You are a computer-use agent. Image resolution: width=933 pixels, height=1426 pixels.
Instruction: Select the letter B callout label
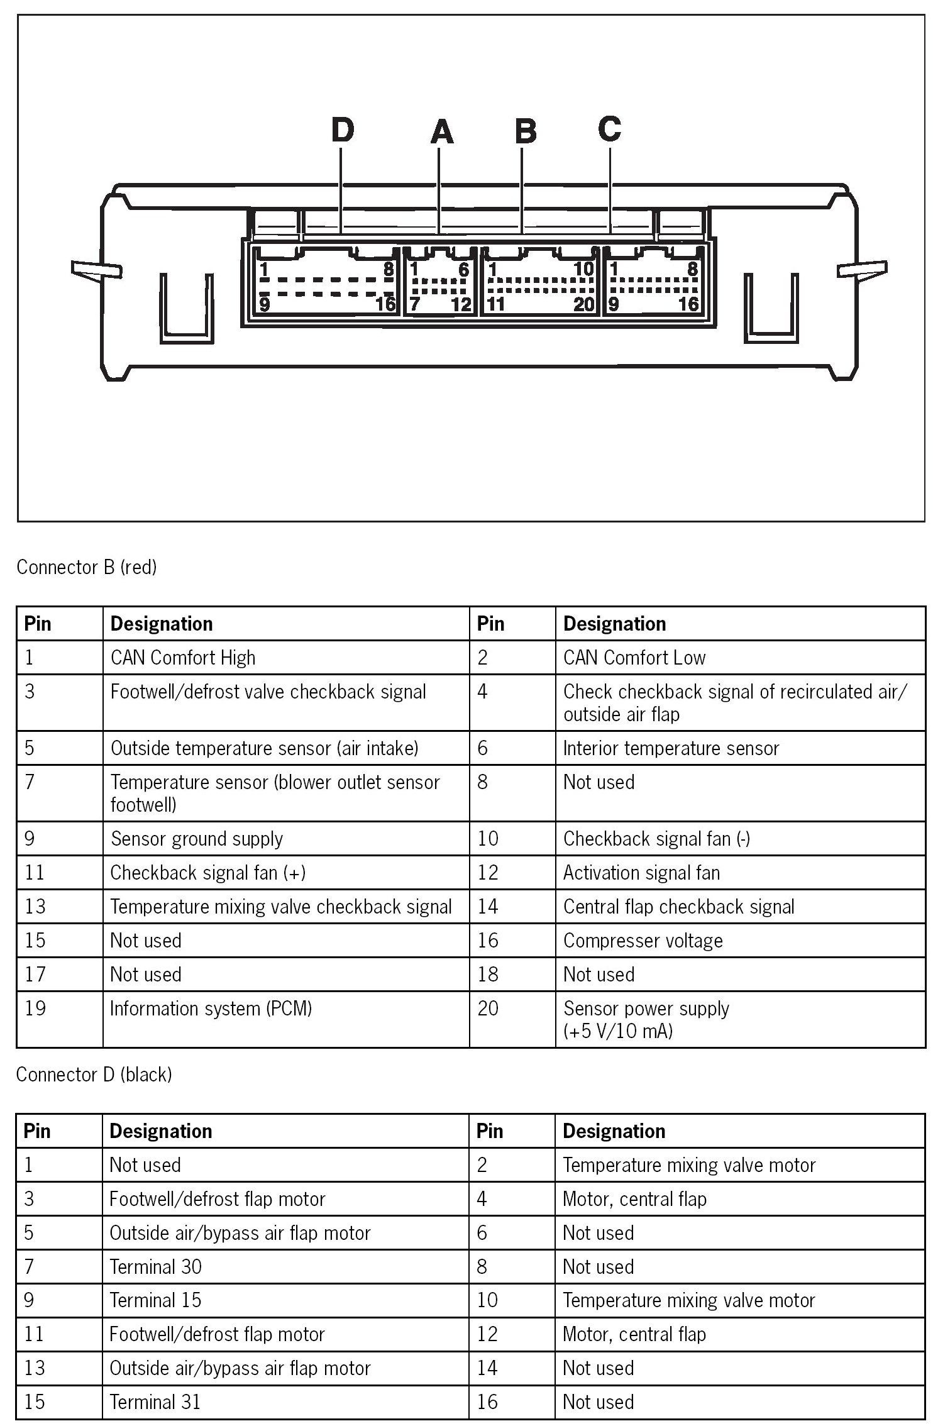(526, 131)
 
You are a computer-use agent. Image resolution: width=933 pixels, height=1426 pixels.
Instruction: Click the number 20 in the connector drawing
(584, 304)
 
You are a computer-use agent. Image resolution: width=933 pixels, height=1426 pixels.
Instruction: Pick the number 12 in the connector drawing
(461, 304)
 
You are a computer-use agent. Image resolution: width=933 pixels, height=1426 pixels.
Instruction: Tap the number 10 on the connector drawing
(583, 269)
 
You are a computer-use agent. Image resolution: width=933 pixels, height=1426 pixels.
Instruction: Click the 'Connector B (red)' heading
(87, 567)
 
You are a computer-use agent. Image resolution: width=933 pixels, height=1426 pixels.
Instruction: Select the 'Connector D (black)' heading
(94, 1075)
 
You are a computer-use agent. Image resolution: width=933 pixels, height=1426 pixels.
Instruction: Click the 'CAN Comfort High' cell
(183, 658)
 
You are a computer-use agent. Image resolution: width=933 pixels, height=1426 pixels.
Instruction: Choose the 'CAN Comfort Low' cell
(634, 658)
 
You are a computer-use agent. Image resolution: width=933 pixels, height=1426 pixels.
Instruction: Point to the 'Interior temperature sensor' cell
(671, 748)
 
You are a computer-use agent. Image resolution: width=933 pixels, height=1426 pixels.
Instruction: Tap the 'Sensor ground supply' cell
(197, 839)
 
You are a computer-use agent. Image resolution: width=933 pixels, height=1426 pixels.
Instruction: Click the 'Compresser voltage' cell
(643, 941)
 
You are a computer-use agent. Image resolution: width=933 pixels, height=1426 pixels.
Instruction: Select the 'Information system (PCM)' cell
(211, 1009)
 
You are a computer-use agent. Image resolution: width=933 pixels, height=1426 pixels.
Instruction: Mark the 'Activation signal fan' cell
(641, 873)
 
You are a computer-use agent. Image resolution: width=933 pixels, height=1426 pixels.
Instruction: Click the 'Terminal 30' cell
(155, 1266)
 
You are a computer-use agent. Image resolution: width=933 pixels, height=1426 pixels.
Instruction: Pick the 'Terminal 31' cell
(155, 1402)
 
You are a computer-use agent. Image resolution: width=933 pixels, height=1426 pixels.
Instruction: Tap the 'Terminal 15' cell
(155, 1300)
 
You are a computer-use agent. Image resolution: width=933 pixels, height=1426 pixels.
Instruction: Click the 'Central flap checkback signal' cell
(678, 907)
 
